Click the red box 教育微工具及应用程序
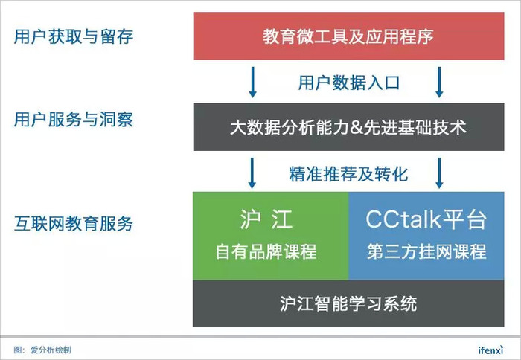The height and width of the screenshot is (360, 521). [348, 36]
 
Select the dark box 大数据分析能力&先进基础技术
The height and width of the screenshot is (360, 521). [348, 127]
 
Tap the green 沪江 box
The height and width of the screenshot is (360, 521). [270, 236]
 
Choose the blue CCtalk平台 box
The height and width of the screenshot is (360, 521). [426, 236]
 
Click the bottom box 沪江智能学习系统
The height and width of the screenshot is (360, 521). [348, 303]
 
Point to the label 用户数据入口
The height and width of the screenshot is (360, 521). [348, 83]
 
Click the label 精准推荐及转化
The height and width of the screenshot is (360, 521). [348, 174]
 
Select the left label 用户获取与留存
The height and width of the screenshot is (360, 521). [74, 36]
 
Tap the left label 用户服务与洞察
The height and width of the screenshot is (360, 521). [74, 120]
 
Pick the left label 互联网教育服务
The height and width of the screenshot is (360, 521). [74, 223]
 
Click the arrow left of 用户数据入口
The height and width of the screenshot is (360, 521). [252, 83]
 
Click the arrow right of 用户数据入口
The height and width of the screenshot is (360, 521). [439, 83]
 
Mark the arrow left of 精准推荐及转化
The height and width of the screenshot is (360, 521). [252, 173]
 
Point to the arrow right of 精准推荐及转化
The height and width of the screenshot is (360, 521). [439, 173]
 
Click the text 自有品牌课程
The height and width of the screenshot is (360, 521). [266, 251]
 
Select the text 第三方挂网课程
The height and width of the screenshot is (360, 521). [426, 251]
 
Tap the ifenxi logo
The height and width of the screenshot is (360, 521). [490, 350]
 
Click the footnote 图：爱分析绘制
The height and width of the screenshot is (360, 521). [42, 350]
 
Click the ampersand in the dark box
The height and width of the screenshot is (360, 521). [357, 128]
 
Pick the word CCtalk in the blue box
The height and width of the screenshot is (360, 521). [403, 219]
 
